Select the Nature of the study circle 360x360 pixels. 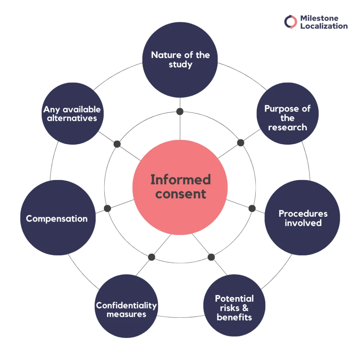180,60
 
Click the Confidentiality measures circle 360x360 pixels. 126,307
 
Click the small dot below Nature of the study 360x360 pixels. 180,111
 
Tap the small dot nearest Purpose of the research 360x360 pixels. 241,143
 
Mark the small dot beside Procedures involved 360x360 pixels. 252,208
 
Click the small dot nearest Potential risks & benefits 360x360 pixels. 211,257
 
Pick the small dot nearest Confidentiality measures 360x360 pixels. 152,257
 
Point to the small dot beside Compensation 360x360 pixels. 107,208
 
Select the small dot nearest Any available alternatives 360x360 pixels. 117,144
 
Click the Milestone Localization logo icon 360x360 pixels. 290,22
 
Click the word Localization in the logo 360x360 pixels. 324,26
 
